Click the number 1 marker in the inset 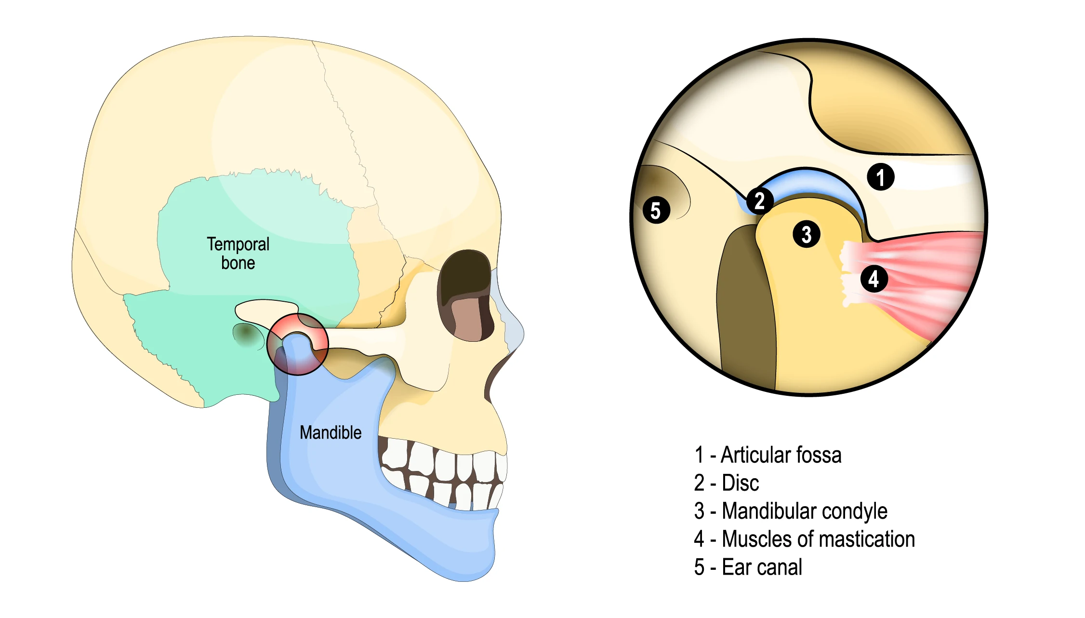(880, 177)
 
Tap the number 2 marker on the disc (759, 201)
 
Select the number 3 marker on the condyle (806, 234)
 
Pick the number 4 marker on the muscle (873, 279)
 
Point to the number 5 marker (656, 210)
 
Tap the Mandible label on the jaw (331, 432)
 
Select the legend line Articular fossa (768, 455)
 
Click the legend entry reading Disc (727, 483)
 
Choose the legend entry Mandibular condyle (791, 511)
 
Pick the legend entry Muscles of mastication (804, 539)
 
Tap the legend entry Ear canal (748, 567)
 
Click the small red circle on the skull (298, 344)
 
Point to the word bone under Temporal (238, 263)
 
